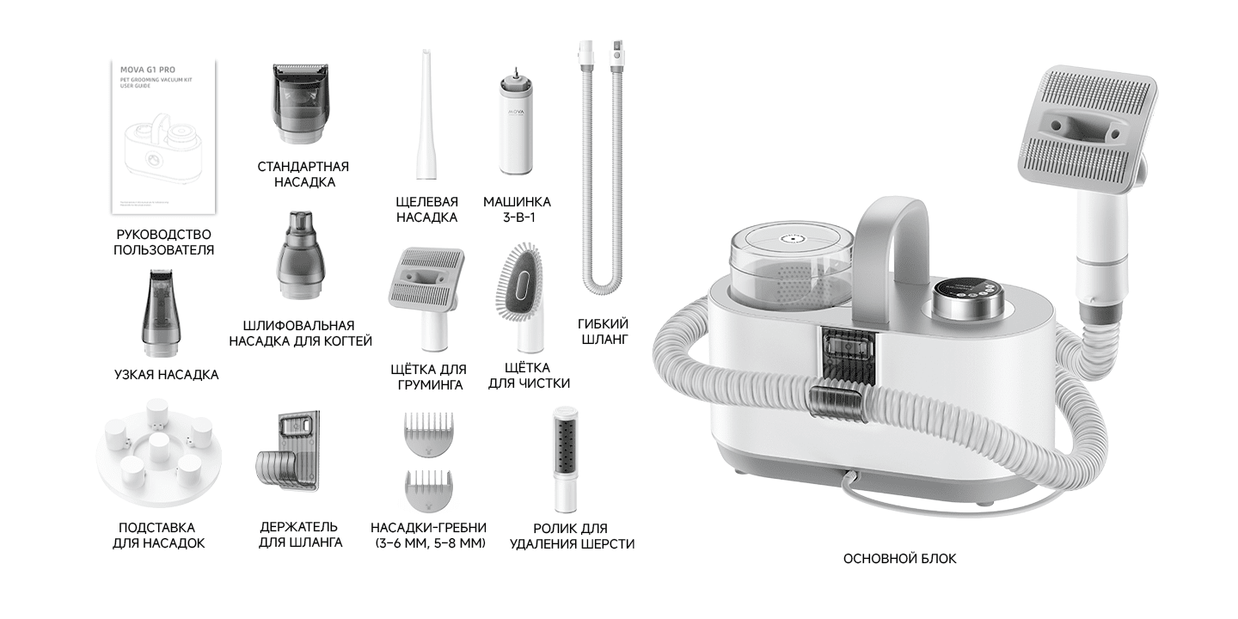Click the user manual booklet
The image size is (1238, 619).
[x=164, y=138]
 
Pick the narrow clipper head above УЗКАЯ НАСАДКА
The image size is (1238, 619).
[x=160, y=315]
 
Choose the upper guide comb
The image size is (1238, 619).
[x=427, y=434]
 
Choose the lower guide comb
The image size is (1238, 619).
[x=427, y=491]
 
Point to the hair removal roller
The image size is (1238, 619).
[x=565, y=457]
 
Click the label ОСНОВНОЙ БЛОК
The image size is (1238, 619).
[x=899, y=559]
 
